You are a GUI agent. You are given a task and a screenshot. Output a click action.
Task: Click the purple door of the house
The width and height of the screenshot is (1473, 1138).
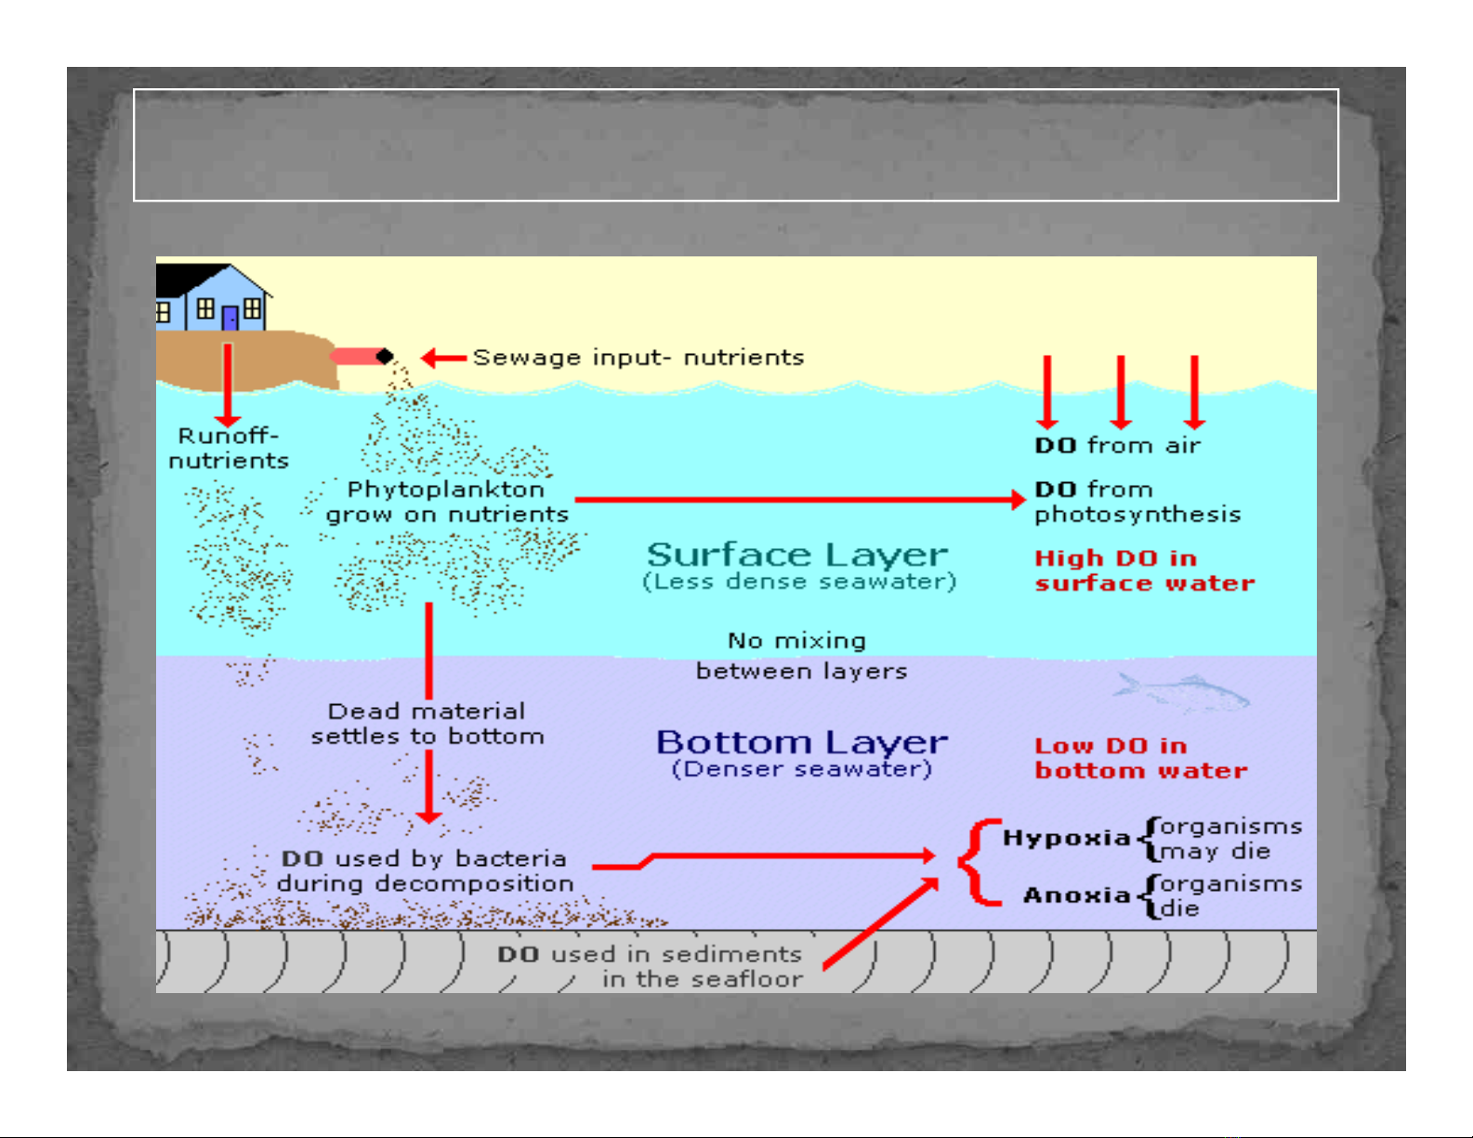[230, 318]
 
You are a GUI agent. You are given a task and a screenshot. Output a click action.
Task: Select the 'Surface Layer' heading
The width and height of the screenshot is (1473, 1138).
[797, 555]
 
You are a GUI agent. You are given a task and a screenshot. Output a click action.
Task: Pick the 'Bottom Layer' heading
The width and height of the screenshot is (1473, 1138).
[801, 742]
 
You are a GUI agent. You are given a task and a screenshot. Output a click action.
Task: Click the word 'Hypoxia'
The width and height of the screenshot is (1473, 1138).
[1065, 838]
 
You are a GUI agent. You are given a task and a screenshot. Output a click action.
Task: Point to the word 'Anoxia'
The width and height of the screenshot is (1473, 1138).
[1076, 896]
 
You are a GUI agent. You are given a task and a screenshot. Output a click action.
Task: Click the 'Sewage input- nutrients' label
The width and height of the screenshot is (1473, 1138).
[638, 358]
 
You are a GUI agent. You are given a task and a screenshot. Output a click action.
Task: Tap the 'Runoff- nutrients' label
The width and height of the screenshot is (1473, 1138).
[229, 449]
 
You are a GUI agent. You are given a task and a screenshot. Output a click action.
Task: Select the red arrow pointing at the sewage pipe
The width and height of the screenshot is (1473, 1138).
[443, 358]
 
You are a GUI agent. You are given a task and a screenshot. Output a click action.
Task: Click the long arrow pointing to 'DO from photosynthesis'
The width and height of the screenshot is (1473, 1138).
[799, 500]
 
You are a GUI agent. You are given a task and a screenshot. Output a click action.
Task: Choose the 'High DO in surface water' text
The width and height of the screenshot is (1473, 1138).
[1144, 570]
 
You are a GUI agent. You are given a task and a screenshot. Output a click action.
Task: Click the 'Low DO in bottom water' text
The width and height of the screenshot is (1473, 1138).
[1140, 758]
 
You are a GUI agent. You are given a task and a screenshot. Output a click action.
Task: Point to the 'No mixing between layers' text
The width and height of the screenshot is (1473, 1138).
[800, 656]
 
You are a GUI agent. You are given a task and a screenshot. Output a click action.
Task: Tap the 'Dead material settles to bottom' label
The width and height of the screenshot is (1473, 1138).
[427, 724]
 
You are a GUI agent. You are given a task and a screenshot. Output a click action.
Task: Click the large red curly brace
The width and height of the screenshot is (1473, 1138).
[978, 862]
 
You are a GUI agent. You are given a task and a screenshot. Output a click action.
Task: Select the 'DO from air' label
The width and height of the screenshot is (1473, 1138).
[1117, 446]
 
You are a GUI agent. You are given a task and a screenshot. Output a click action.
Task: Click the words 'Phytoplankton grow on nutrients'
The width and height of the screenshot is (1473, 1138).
[446, 502]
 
